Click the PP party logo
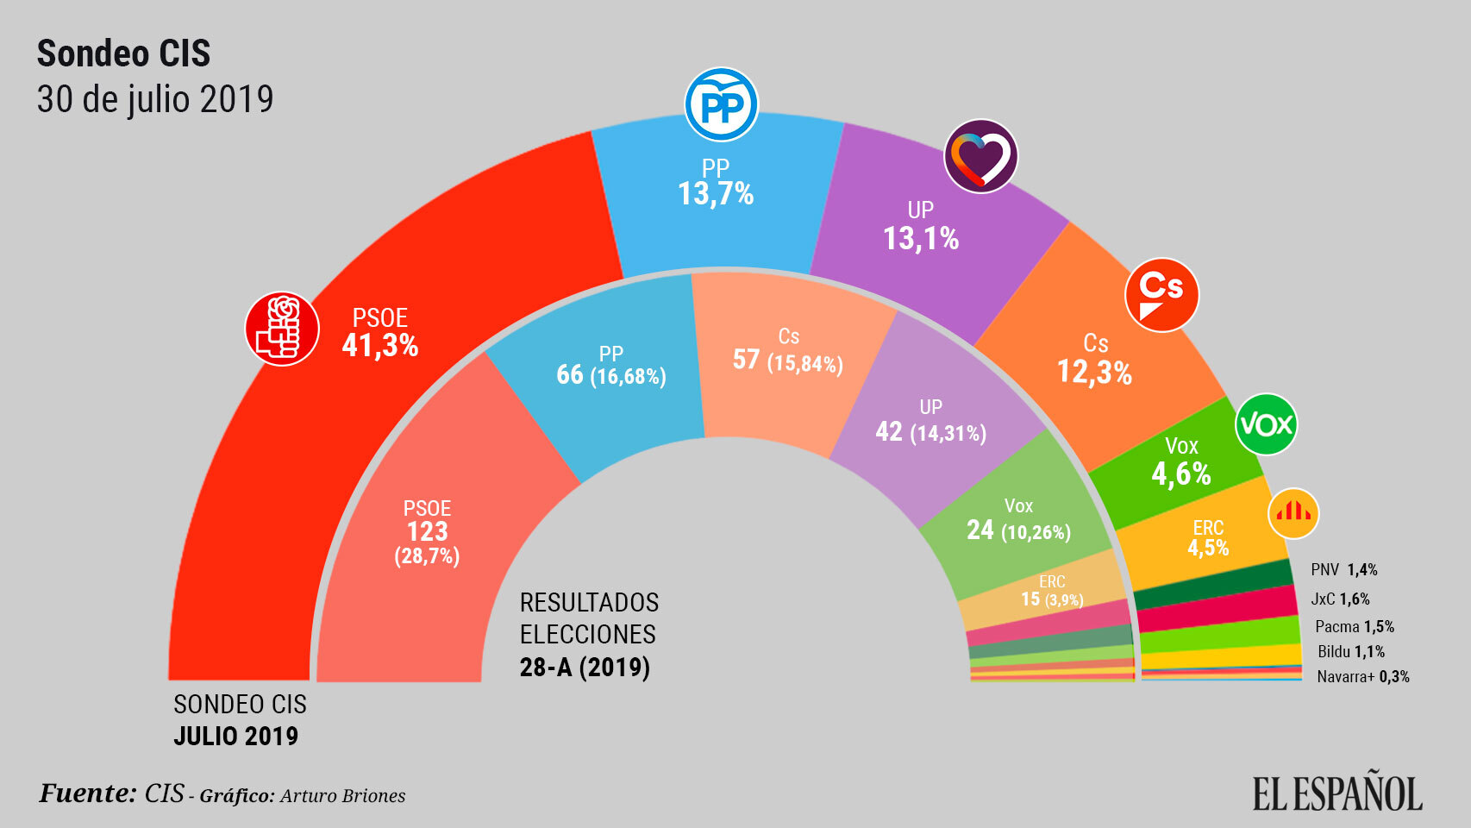pyautogui.click(x=721, y=105)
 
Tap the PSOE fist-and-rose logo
pyautogui.click(x=282, y=329)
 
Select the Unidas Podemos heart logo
pyautogui.click(x=980, y=156)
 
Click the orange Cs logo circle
pyautogui.click(x=1161, y=295)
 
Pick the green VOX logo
pyautogui.click(x=1266, y=424)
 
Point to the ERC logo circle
pyautogui.click(x=1293, y=513)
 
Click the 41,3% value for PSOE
pyautogui.click(x=379, y=346)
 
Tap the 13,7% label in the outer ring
pyautogui.click(x=715, y=194)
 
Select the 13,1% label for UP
pyautogui.click(x=920, y=239)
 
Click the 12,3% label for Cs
pyautogui.click(x=1094, y=373)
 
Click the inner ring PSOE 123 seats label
pyautogui.click(x=427, y=531)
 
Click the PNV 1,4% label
pyautogui.click(x=1343, y=569)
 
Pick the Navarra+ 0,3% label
pyautogui.click(x=1362, y=677)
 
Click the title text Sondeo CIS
pyautogui.click(x=123, y=53)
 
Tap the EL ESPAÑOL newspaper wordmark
pyautogui.click(x=1337, y=793)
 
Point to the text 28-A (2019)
pyautogui.click(x=585, y=667)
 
